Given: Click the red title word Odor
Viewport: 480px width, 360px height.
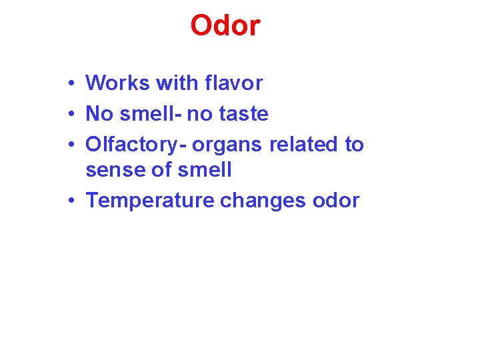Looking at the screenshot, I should coord(225,26).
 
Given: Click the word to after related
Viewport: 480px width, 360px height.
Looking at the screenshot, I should coord(354,145).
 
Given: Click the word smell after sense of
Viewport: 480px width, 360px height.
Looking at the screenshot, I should coord(205,170).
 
